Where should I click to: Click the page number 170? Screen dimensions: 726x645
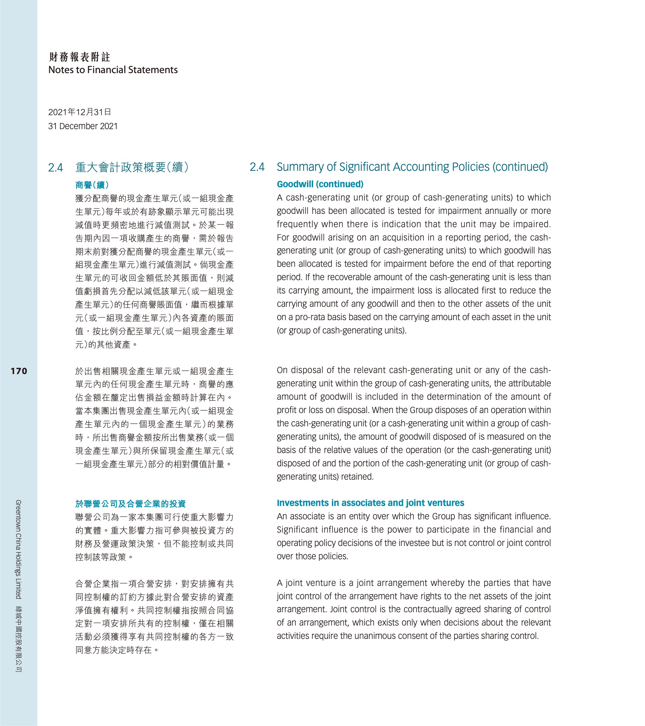pyautogui.click(x=19, y=371)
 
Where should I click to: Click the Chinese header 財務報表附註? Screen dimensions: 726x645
pyautogui.click(x=80, y=57)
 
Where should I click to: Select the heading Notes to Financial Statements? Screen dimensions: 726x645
pyautogui.click(x=113, y=70)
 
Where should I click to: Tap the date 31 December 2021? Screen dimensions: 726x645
pyautogui.click(x=83, y=126)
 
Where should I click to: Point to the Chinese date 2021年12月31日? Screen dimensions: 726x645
pyautogui.click(x=80, y=112)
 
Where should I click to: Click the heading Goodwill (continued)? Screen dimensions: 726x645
pyautogui.click(x=320, y=184)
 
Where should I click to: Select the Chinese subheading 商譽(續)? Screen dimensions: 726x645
pyautogui.click(x=92, y=185)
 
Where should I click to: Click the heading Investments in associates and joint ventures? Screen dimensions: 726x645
pyautogui.click(x=370, y=503)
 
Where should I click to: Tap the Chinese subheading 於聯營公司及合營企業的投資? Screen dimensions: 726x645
pyautogui.click(x=130, y=504)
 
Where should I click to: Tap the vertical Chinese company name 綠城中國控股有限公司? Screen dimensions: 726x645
pyautogui.click(x=18, y=639)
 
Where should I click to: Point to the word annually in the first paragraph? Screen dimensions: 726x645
pyautogui.click(x=496, y=211)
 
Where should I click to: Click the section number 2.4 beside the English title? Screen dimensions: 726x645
pyautogui.click(x=257, y=167)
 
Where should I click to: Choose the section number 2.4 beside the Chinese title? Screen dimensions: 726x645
pyautogui.click(x=55, y=167)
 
